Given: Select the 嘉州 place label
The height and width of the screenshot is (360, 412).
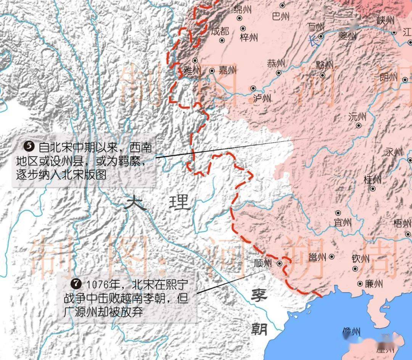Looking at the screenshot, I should (227, 70).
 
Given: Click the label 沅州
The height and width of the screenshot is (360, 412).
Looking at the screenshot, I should (357, 117).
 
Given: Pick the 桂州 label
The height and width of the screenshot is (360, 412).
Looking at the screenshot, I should (372, 179).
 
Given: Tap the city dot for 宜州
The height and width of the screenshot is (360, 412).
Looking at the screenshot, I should (338, 213).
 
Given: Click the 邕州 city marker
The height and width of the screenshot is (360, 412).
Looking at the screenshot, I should (332, 257).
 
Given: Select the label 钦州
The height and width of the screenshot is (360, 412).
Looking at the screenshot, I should (360, 259).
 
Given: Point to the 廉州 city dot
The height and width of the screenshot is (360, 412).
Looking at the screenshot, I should (360, 284).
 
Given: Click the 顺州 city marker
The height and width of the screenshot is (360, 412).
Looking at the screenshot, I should (280, 263).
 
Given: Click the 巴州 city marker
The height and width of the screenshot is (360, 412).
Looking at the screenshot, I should (282, 5).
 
